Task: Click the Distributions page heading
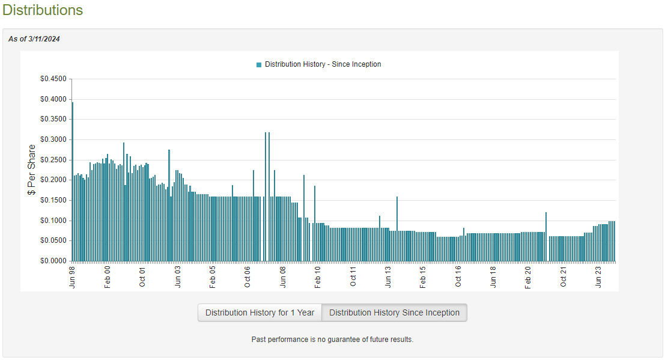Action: (42, 10)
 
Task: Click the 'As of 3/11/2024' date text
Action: (34, 39)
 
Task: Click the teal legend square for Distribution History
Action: (259, 64)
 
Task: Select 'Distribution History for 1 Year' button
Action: (260, 313)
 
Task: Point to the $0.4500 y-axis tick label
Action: (53, 79)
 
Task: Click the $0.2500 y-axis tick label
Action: (53, 160)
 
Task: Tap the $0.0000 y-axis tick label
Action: (53, 261)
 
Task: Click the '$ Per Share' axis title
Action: (32, 169)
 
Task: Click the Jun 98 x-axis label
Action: (72, 277)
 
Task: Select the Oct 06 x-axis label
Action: (247, 277)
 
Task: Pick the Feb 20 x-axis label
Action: (528, 277)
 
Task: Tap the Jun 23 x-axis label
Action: (598, 277)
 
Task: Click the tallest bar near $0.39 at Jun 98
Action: (73, 180)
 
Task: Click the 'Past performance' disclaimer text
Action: (332, 340)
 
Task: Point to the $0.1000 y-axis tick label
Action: (53, 221)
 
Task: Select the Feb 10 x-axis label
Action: (318, 277)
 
